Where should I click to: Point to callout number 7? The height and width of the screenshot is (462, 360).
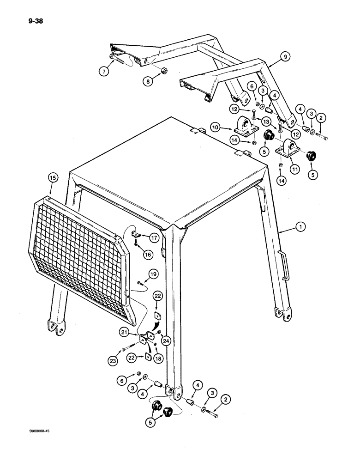click(104, 72)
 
